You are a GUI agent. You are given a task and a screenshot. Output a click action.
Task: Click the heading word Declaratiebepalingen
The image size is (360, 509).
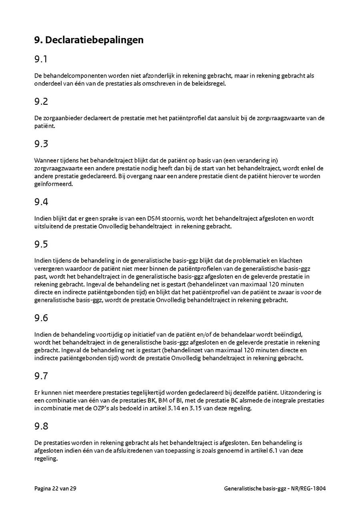94,40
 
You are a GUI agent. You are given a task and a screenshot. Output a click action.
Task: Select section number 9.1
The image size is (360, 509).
41,59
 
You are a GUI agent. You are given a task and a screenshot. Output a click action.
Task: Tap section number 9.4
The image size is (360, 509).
41,202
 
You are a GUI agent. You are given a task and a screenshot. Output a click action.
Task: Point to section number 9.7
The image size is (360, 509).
41,376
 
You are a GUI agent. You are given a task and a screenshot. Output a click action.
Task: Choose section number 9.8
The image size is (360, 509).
41,426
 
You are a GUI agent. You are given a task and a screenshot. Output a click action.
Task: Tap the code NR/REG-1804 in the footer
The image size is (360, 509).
308,488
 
